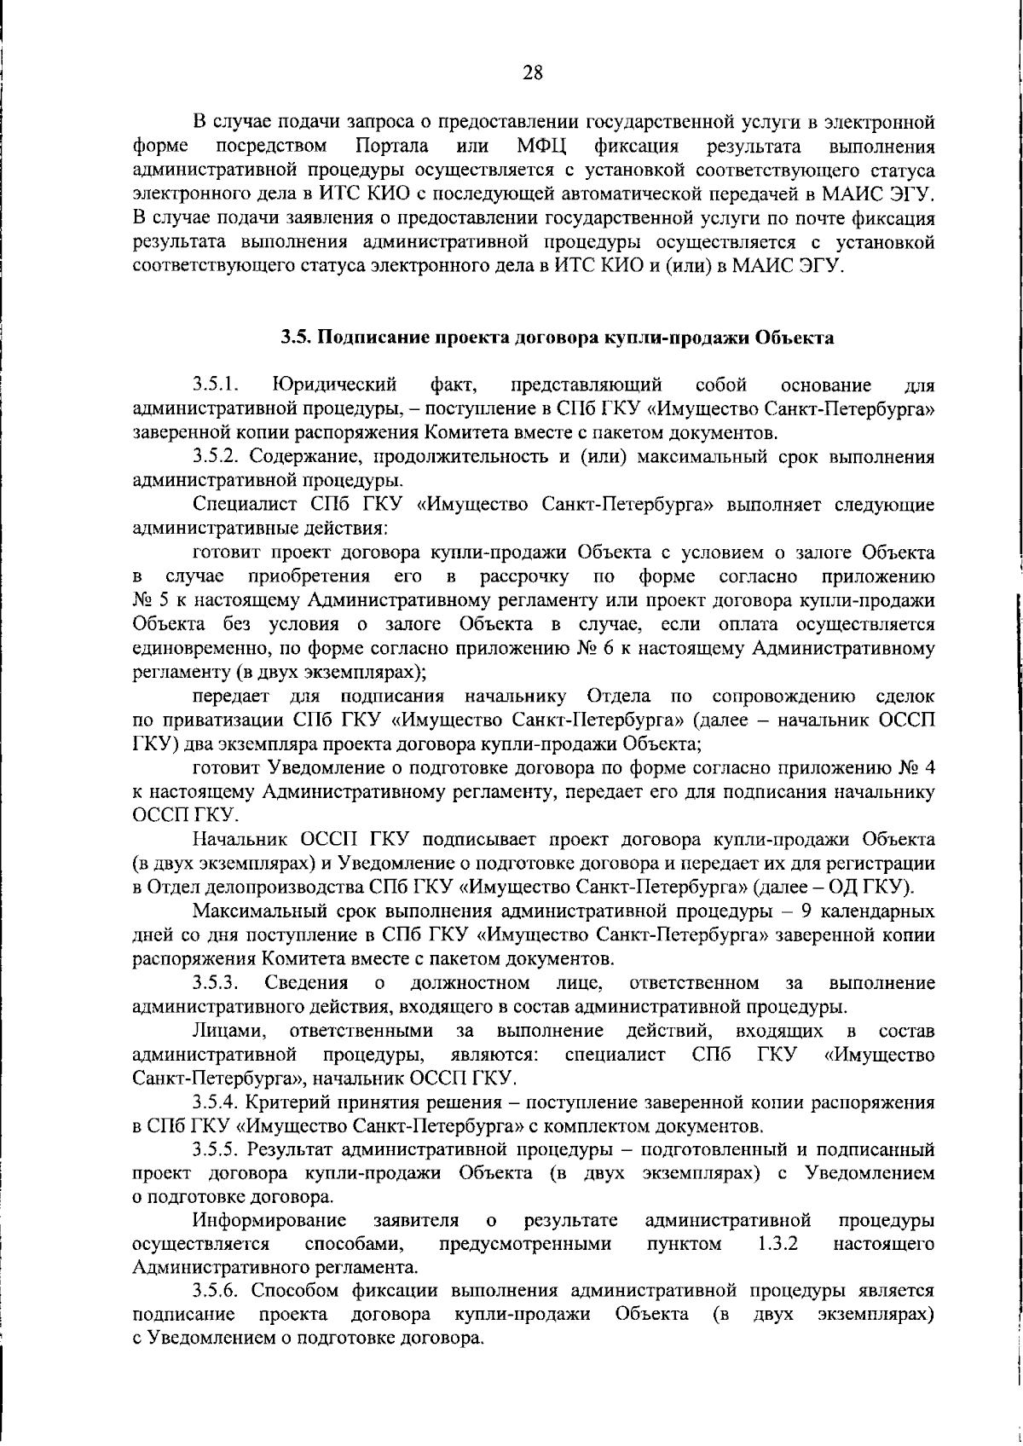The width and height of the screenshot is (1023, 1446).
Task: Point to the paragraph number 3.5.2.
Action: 216,456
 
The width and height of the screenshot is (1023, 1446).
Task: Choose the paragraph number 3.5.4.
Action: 216,1102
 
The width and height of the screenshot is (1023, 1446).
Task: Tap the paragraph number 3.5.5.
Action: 216,1149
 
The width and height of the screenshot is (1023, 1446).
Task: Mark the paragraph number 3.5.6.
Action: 216,1290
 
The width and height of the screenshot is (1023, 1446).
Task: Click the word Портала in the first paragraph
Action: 391,147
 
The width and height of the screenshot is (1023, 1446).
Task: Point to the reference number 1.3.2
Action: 777,1243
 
